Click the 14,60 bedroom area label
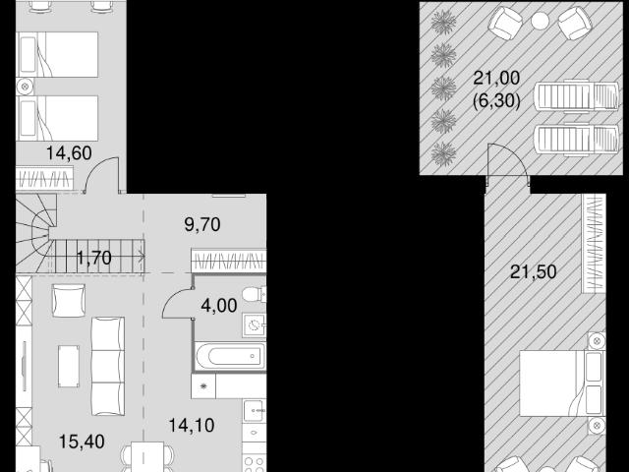coord(69,153)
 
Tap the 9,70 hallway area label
coord(202,225)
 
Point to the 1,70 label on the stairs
coord(94,258)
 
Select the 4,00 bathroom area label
coord(219,306)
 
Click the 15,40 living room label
coord(82,442)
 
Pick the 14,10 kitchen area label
coord(192,426)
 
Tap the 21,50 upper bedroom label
coord(533,272)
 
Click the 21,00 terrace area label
coord(496,78)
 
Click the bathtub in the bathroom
coord(230,356)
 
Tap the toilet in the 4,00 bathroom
coord(254,295)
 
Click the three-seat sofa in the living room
coord(107,366)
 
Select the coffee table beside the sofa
coord(69,367)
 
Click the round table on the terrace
coord(540,21)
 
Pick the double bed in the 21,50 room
coord(562,383)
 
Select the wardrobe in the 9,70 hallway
coord(229,261)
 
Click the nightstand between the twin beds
coord(25,86)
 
